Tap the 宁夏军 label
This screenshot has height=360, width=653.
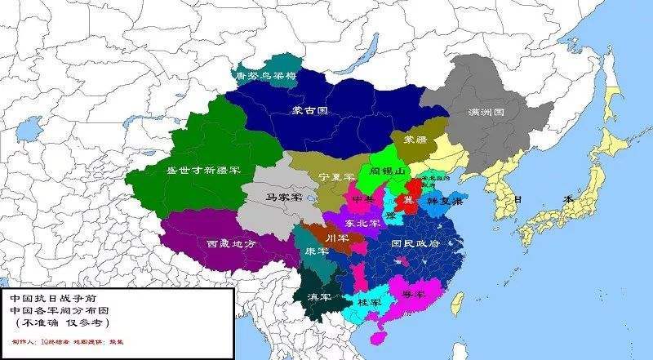click(x=336, y=177)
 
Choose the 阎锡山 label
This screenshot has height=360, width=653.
click(x=388, y=172)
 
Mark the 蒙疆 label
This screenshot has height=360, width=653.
click(x=415, y=140)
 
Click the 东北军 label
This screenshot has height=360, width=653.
click(x=362, y=223)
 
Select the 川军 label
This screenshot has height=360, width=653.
click(x=336, y=238)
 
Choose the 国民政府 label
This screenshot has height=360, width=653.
click(x=415, y=243)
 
